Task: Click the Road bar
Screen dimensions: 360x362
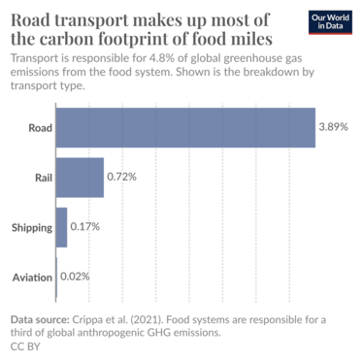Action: coord(185,127)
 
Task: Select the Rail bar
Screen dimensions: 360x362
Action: coord(80,178)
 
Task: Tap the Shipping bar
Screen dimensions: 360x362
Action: coord(62,227)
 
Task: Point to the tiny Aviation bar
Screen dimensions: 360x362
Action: coord(57,278)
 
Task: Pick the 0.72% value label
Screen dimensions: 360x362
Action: coord(121,178)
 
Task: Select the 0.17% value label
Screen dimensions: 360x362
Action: coord(84,227)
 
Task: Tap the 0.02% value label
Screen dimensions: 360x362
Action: coord(75,278)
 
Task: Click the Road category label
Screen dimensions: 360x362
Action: coord(38,127)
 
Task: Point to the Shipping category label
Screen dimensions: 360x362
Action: coord(30,227)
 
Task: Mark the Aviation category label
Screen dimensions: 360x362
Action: coord(31,278)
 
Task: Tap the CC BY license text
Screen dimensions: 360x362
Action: coord(24,344)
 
